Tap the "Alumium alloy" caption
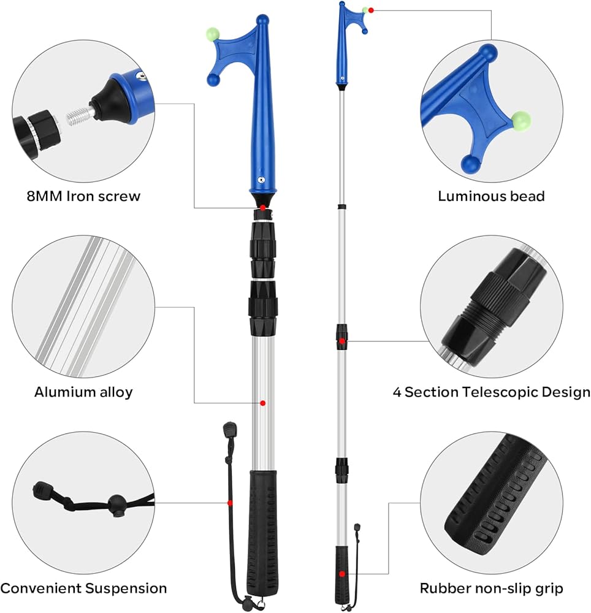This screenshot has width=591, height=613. pyautogui.click(x=83, y=392)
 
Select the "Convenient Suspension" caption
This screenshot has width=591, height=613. pyautogui.click(x=83, y=588)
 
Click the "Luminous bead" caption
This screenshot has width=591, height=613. pyautogui.click(x=491, y=196)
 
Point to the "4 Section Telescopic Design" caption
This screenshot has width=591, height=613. pyautogui.click(x=492, y=392)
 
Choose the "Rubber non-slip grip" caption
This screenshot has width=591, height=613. pyautogui.click(x=491, y=588)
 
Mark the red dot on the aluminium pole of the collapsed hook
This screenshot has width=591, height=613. pyautogui.click(x=262, y=403)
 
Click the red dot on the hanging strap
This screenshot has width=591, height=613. pyautogui.click(x=230, y=503)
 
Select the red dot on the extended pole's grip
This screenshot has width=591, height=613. pyautogui.click(x=341, y=574)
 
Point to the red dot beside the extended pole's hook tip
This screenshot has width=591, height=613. pyautogui.click(x=371, y=10)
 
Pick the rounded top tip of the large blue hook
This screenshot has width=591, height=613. pyautogui.click(x=262, y=20)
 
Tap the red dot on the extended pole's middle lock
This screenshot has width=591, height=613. pyautogui.click(x=341, y=340)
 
